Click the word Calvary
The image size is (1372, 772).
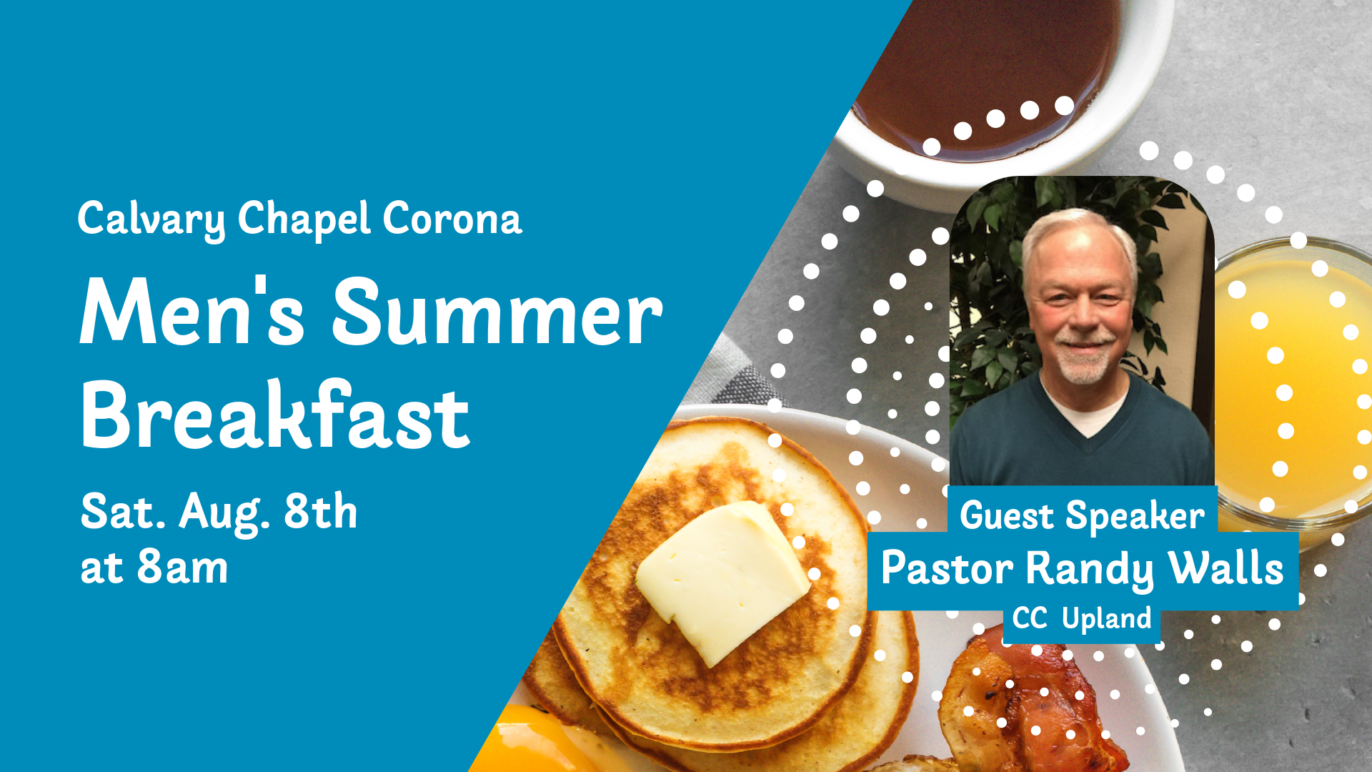click(151, 219)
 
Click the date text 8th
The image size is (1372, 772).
click(321, 512)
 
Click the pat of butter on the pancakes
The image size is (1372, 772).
click(722, 580)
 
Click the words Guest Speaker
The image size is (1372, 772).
click(1082, 516)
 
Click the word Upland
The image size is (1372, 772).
click(1107, 619)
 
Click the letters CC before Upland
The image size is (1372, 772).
click(1030, 618)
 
